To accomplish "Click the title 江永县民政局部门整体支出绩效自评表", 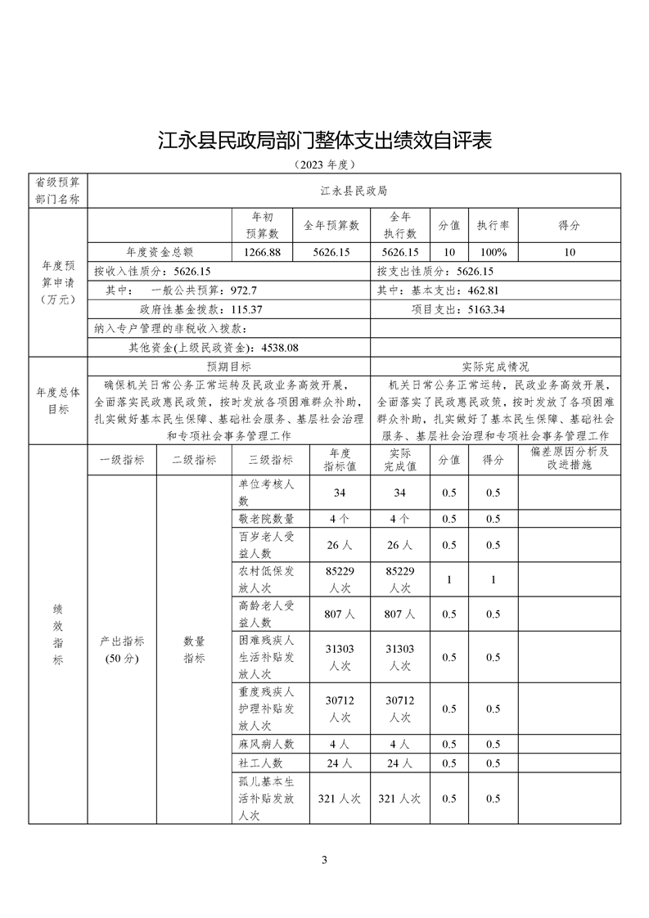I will coord(324,140).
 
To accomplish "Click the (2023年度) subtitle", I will coord(324,164).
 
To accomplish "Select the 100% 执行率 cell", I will coord(494,252).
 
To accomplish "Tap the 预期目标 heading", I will coord(228,367).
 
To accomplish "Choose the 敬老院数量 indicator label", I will coord(265,519).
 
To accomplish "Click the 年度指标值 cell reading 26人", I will coord(340,545).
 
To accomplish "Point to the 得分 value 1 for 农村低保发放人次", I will coord(493,580).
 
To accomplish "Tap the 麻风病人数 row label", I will coord(265,745).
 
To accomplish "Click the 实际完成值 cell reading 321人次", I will coord(400,799).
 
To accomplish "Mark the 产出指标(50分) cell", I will coord(122,650).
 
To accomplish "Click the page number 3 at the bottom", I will coord(325,860).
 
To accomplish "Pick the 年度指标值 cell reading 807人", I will coord(340,614).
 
